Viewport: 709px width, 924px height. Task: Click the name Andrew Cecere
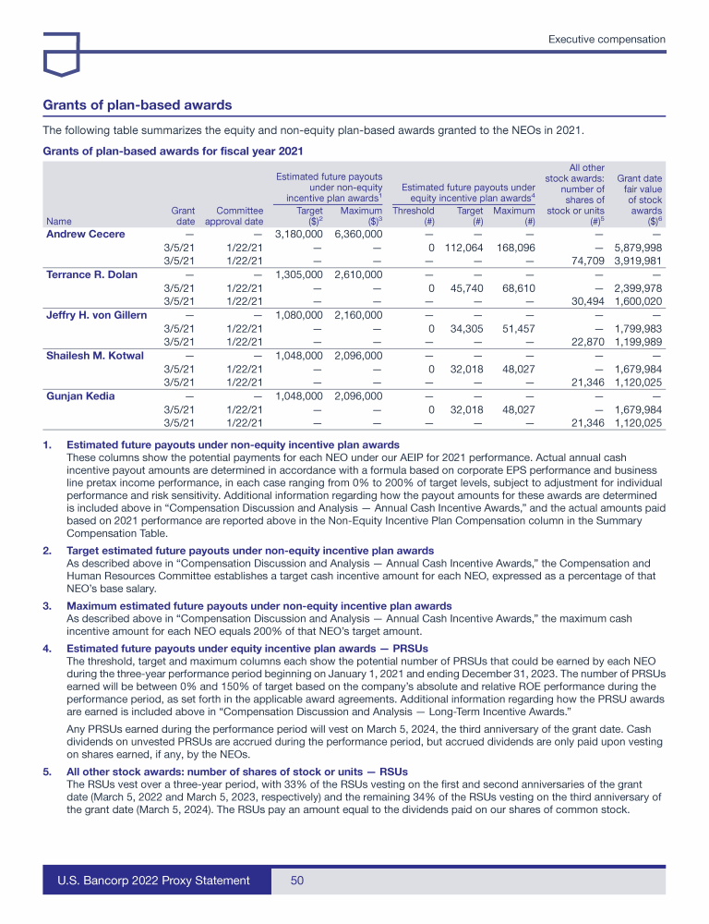pyautogui.click(x=86, y=234)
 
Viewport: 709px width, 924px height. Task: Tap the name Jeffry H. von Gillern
pyautogui.click(x=97, y=315)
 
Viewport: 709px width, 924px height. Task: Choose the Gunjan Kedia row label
pyautogui.click(x=81, y=396)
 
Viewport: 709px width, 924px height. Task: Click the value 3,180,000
pyautogui.click(x=298, y=234)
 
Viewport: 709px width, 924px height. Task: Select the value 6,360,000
pyautogui.click(x=358, y=234)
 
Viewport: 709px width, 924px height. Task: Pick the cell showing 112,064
pyautogui.click(x=464, y=248)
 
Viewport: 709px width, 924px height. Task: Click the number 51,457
pyautogui.click(x=516, y=329)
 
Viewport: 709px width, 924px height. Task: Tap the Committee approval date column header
pyautogui.click(x=234, y=215)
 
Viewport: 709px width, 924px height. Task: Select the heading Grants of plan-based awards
pyautogui.click(x=138, y=105)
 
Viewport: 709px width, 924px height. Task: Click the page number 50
pyautogui.click(x=297, y=881)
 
